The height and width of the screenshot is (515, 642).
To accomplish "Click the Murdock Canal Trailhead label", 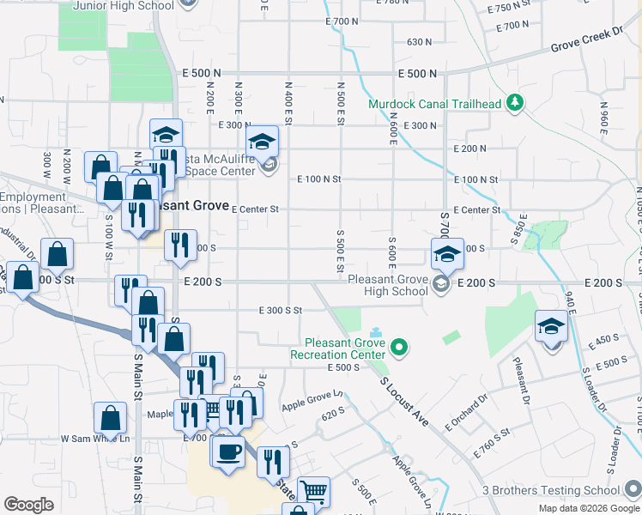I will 434,105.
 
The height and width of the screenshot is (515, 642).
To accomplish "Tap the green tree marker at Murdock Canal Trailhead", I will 514,104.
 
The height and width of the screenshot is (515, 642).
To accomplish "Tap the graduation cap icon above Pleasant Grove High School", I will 447,253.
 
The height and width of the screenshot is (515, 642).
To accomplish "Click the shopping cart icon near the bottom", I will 313,490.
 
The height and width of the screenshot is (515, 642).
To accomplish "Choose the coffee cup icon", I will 228,450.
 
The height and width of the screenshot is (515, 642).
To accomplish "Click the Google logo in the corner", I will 28,505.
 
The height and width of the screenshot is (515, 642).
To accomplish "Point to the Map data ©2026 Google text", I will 590,508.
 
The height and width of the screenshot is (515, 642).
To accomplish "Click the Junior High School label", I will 124,5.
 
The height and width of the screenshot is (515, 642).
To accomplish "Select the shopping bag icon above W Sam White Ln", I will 111,418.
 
